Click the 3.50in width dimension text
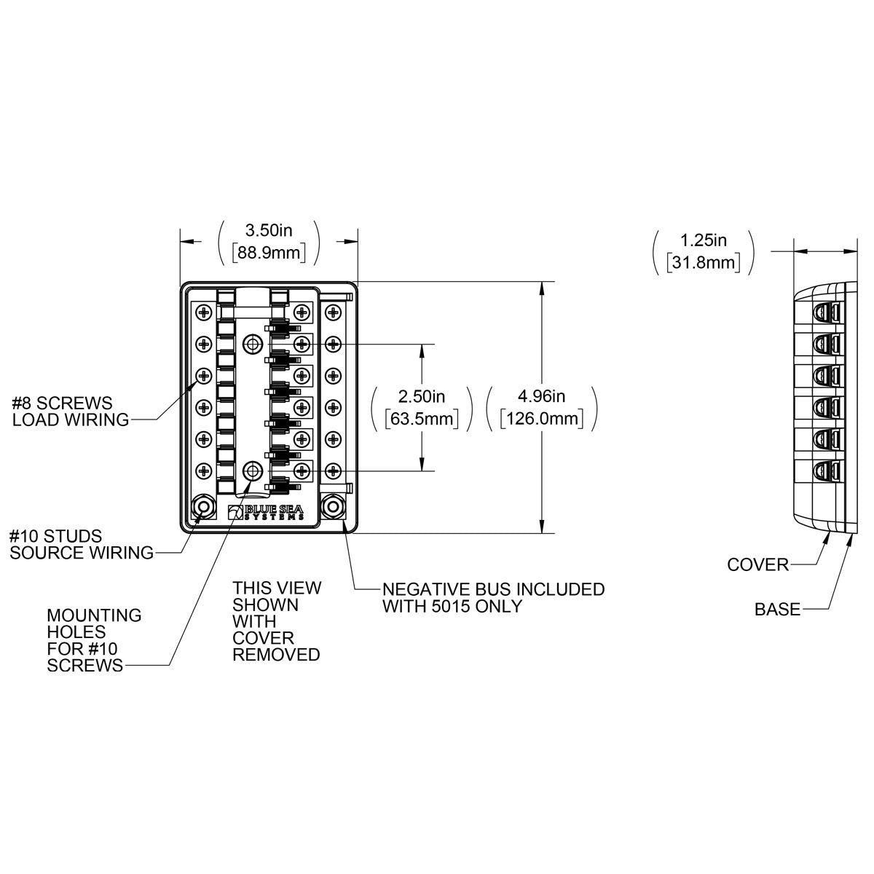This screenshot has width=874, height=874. click(x=269, y=231)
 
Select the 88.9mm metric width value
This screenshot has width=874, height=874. click(x=269, y=252)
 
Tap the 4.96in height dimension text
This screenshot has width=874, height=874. click(x=542, y=396)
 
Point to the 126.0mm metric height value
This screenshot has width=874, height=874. click(x=542, y=419)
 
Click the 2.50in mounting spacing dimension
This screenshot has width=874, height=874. click(x=422, y=396)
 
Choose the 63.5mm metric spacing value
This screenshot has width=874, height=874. click(x=422, y=419)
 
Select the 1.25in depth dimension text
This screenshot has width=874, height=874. click(x=703, y=240)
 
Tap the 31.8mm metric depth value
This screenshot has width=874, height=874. click(x=703, y=262)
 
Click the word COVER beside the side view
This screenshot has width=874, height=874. click(x=757, y=564)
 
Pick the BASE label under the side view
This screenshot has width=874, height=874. click(x=777, y=609)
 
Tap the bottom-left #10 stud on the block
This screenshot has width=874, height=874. click(x=202, y=507)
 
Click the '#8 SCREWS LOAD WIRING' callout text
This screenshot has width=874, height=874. click(x=70, y=411)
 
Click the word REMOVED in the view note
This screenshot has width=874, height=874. click(x=276, y=654)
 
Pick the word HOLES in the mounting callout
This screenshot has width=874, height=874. click(x=76, y=631)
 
